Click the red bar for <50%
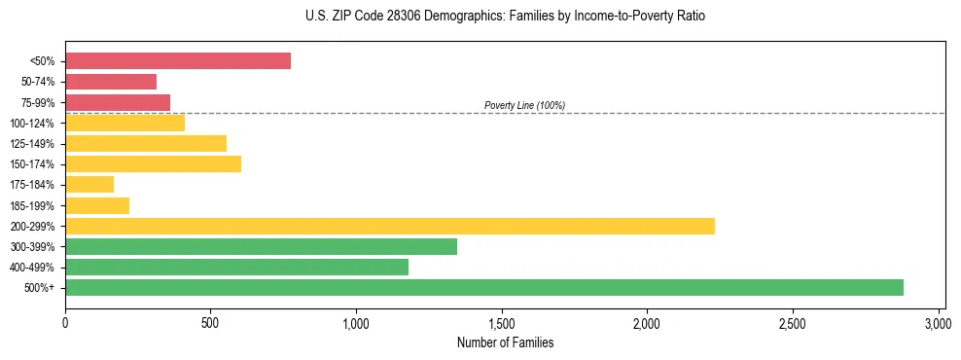coord(178,61)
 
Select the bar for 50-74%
coord(111,82)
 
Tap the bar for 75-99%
coord(118,102)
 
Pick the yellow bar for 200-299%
coord(390,226)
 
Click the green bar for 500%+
coord(484,287)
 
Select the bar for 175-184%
coord(89,184)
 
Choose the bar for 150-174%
coord(153,163)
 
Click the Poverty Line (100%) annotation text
coord(524,105)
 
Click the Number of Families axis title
coord(502,342)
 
